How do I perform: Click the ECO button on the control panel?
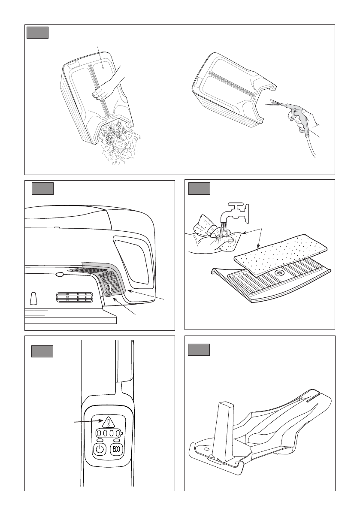coord(116,449)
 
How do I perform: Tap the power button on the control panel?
coord(100,449)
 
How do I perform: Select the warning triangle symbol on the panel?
coord(108,422)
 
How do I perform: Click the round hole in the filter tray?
coord(278,272)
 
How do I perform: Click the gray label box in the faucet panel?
coord(200,189)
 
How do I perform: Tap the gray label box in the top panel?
coord(37,33)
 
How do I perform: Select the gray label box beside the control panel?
coord(42,352)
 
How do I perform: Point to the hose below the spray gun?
coord(311,143)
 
